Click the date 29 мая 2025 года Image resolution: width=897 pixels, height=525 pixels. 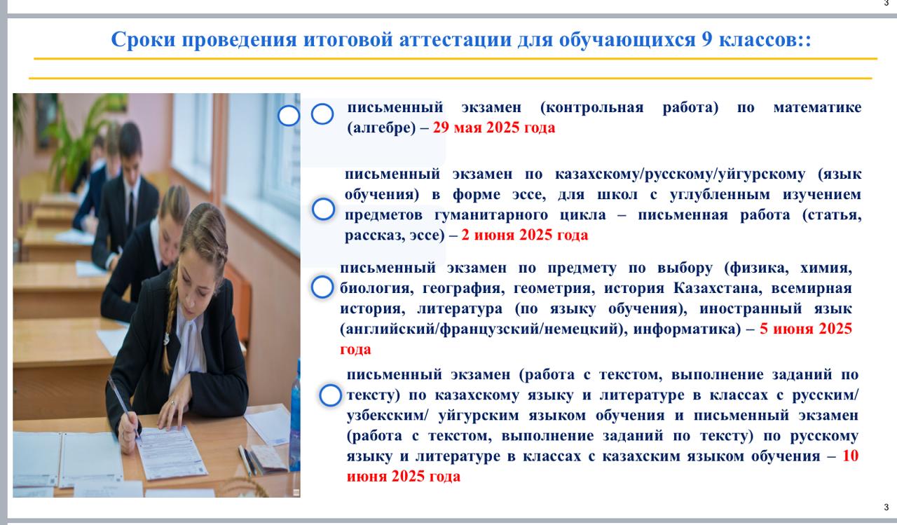click(494, 128)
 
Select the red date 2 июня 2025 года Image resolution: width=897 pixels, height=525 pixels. click(525, 235)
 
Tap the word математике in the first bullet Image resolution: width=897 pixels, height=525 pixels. click(817, 107)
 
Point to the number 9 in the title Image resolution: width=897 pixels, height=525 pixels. click(706, 40)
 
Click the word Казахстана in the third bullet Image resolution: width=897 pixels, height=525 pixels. click(717, 288)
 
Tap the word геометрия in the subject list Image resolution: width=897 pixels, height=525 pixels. click(553, 288)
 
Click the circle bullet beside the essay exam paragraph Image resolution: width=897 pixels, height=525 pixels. click(323, 209)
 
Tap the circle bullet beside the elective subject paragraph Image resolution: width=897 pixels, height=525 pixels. click(322, 287)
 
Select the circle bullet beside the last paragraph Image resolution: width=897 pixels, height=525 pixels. click(330, 395)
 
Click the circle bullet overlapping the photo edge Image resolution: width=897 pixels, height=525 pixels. click(289, 116)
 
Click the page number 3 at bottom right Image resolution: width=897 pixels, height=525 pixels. click(886, 507)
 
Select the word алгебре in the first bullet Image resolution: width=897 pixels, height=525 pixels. click(382, 128)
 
